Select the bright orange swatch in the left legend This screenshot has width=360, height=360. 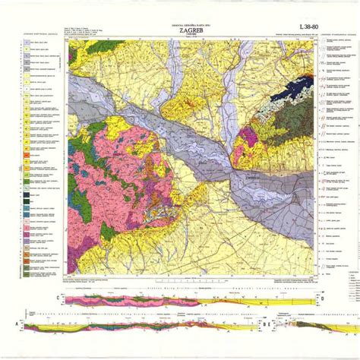coord(25,156)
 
